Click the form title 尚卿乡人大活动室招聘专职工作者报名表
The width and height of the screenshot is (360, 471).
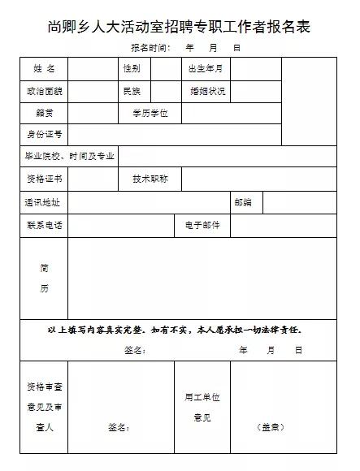tap(179, 26)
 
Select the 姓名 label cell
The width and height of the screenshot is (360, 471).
tap(45, 69)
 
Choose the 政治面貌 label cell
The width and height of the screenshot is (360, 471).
tap(45, 91)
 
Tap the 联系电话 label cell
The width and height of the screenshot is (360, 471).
tap(45, 225)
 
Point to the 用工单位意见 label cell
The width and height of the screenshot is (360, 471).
tap(202, 407)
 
